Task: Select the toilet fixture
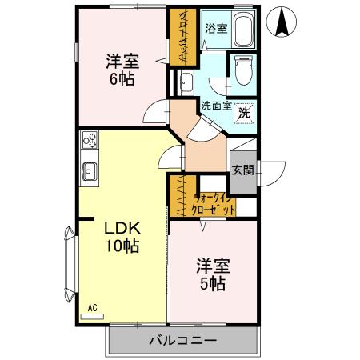pyautogui.click(x=242, y=72)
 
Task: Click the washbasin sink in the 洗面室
pyautogui.click(x=186, y=82)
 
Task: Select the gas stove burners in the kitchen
pyautogui.click(x=89, y=143)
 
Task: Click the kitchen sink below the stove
pyautogui.click(x=89, y=170)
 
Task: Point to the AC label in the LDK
pyautogui.click(x=92, y=306)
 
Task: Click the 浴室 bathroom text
pyautogui.click(x=215, y=28)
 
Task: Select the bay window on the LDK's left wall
pyautogui.click(x=67, y=264)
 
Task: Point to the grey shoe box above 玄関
pyautogui.click(x=242, y=150)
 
